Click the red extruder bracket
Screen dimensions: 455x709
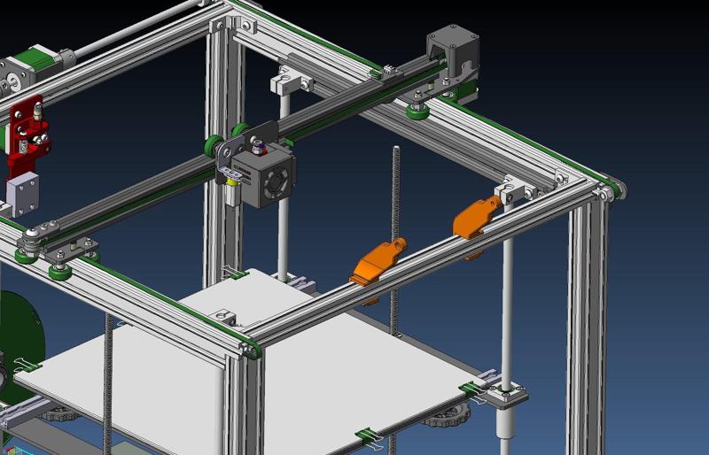[x=28, y=133]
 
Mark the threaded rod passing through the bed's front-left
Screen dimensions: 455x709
[x=109, y=381]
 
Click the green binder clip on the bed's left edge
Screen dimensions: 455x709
[x=27, y=364]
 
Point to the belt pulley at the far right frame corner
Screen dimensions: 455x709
[x=610, y=190]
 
